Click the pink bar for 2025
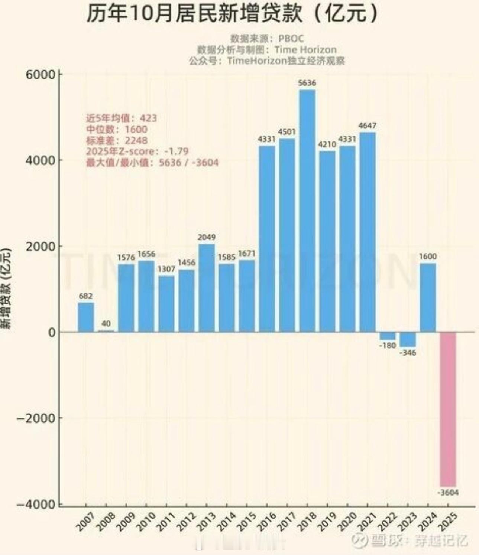[448, 408]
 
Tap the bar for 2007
[86, 317]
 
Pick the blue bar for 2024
[428, 297]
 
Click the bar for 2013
[207, 288]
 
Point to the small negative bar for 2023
[408, 339]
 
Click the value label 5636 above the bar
[307, 83]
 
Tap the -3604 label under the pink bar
[448, 493]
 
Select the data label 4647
[367, 125]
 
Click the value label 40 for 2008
[106, 323]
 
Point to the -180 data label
[388, 345]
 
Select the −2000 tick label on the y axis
[36, 418]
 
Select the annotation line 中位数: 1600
[117, 129]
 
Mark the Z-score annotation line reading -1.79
[137, 151]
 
